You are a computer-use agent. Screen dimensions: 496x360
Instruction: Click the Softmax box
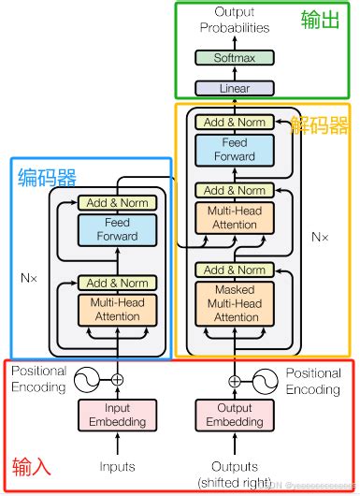click(x=234, y=58)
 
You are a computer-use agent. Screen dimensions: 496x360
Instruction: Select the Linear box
click(x=234, y=88)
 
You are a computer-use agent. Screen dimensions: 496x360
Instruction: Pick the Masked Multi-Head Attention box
click(x=234, y=303)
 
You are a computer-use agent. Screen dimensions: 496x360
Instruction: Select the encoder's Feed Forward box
click(x=117, y=230)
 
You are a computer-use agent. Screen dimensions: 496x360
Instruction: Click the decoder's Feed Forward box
click(x=234, y=151)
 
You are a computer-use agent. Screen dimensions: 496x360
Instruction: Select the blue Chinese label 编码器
click(x=48, y=177)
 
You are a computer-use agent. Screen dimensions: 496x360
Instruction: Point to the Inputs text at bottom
click(x=117, y=466)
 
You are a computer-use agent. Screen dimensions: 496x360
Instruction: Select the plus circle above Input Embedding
click(x=117, y=380)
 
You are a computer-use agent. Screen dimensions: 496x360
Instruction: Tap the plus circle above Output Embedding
click(x=234, y=380)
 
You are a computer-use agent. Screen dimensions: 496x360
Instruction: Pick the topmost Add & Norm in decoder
click(x=234, y=123)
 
